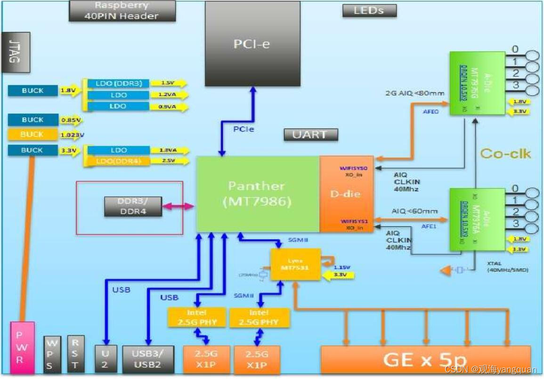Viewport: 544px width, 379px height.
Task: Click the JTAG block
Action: click(x=16, y=52)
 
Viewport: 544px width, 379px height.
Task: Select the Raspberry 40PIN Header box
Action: click(x=122, y=11)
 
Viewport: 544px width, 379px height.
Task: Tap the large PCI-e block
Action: click(x=252, y=44)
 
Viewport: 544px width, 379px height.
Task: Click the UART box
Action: click(x=311, y=135)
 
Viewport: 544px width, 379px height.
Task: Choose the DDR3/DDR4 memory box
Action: click(x=133, y=206)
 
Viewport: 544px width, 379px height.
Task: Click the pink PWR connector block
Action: click(x=22, y=348)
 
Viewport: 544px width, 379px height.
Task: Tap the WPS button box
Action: click(x=52, y=354)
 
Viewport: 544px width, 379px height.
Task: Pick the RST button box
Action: click(x=76, y=354)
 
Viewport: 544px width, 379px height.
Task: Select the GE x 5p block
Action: click(x=425, y=360)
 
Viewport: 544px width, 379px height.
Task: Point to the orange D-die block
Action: click(x=346, y=194)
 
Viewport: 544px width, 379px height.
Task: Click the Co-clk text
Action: click(x=505, y=153)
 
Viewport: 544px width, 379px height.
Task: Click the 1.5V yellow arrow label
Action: click(x=168, y=83)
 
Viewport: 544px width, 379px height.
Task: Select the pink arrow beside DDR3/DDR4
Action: click(x=179, y=206)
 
